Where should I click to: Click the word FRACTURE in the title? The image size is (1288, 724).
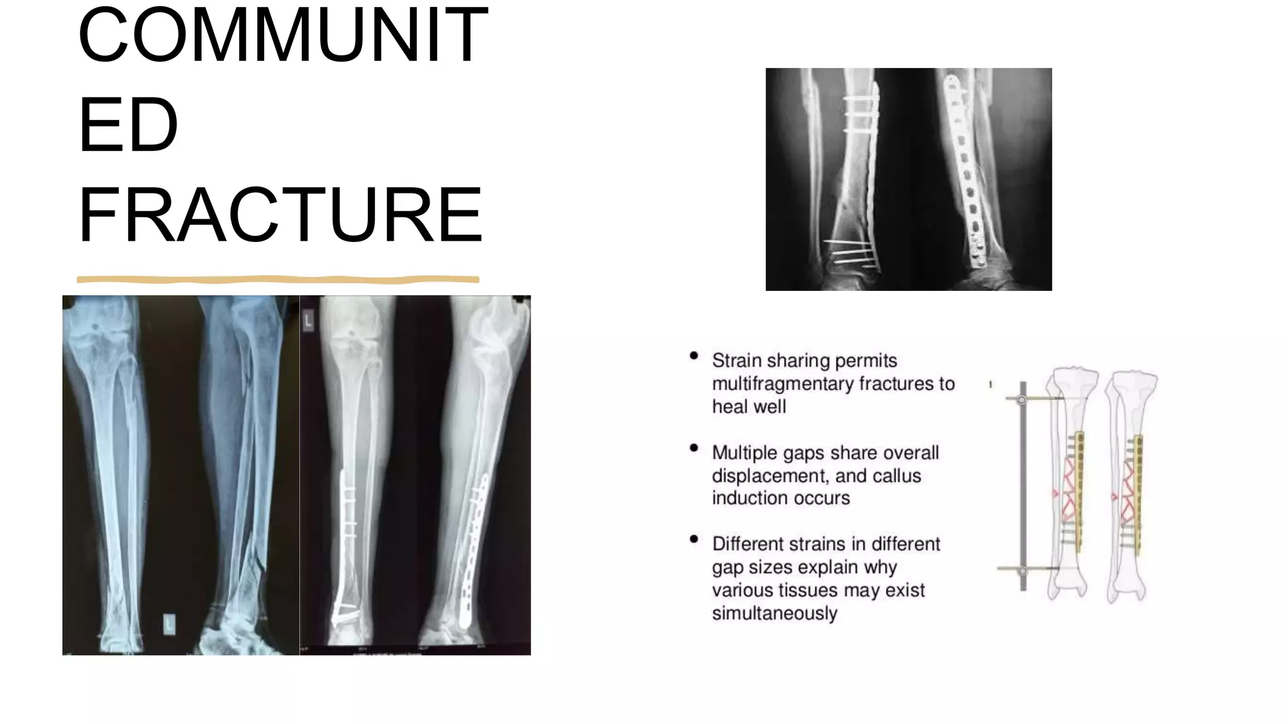pos(280,215)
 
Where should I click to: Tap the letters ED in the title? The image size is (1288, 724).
pos(128,125)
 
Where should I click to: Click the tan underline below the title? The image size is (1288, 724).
pos(277,279)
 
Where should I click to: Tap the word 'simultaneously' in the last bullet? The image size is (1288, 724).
pos(774,613)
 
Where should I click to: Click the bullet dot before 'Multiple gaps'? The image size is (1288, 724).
pos(694,448)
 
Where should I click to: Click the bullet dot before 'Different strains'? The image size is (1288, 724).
pos(694,539)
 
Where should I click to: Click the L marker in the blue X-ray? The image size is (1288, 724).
pos(169,624)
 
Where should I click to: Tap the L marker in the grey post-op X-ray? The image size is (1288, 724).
pos(308,321)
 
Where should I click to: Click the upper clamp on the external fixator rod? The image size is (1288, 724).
pos(1023,400)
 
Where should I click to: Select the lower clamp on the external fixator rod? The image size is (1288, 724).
pos(1023,571)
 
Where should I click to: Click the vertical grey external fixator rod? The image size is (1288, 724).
pos(1023,484)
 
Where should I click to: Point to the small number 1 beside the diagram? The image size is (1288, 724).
pos(991,384)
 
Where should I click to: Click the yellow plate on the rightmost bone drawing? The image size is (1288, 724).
pos(1138,490)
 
